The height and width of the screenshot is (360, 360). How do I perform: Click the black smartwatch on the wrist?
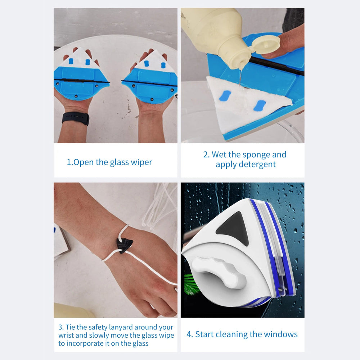[75, 118]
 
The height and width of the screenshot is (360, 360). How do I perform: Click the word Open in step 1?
[84, 162]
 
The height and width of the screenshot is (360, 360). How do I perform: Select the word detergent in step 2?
[246, 165]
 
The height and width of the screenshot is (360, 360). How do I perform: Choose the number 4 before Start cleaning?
[189, 334]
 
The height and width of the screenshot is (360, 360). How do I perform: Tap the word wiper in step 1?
[141, 162]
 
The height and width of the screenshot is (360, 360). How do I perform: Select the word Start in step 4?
[205, 334]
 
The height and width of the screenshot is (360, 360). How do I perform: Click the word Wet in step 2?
[219, 155]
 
